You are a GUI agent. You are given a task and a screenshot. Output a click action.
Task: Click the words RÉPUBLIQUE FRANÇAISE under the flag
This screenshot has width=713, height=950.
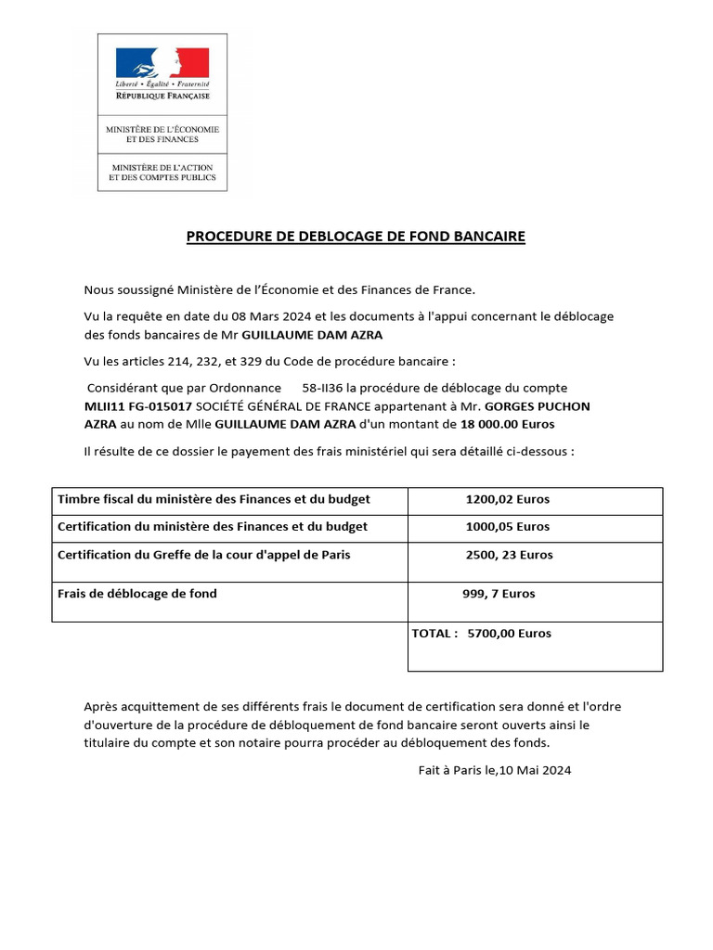[x=162, y=96]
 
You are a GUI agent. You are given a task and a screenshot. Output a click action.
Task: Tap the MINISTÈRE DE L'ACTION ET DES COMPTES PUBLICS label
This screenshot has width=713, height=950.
[x=162, y=172]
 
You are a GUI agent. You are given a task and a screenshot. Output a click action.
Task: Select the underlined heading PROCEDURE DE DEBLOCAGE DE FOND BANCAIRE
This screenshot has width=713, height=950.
[x=356, y=237]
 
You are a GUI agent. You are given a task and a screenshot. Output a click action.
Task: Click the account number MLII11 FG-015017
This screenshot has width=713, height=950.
[x=137, y=406]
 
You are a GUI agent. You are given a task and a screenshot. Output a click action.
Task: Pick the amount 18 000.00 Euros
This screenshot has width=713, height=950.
[x=508, y=424]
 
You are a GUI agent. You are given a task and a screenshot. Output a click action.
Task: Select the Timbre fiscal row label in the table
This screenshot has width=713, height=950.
[x=214, y=499]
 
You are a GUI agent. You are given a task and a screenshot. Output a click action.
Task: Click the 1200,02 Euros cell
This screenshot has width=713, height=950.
[x=508, y=499]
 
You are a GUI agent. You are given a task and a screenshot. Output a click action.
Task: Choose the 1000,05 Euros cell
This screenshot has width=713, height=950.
[x=508, y=527]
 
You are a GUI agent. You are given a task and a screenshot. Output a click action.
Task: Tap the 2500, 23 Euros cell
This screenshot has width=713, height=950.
[x=509, y=555]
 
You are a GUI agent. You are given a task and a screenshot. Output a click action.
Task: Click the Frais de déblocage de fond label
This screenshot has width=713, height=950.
[x=137, y=594]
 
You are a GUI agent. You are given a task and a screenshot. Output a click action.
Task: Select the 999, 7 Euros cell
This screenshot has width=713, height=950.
[x=499, y=594]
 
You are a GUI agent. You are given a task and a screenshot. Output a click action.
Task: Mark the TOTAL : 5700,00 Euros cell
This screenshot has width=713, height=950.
[x=481, y=634]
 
